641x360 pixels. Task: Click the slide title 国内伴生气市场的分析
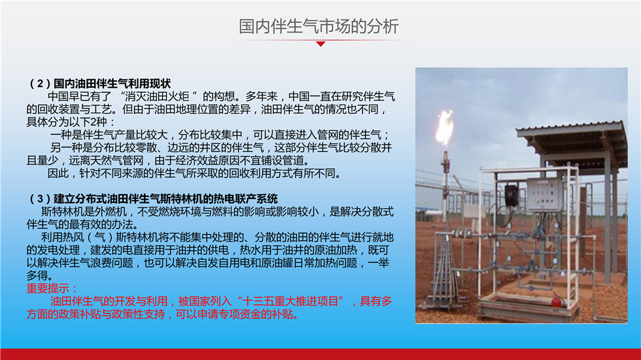pos(319,26)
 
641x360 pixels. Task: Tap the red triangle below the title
pos(321,44)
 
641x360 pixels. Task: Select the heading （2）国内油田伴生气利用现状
pos(99,84)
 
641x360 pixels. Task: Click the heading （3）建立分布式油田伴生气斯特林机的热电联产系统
pos(152,199)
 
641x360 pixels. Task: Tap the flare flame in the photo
pos(445,128)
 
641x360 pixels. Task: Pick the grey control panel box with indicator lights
pos(543,195)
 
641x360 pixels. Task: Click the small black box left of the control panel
pos(511,195)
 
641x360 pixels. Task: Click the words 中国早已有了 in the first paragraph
pos(80,97)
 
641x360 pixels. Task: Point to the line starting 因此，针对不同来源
pos(194,173)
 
